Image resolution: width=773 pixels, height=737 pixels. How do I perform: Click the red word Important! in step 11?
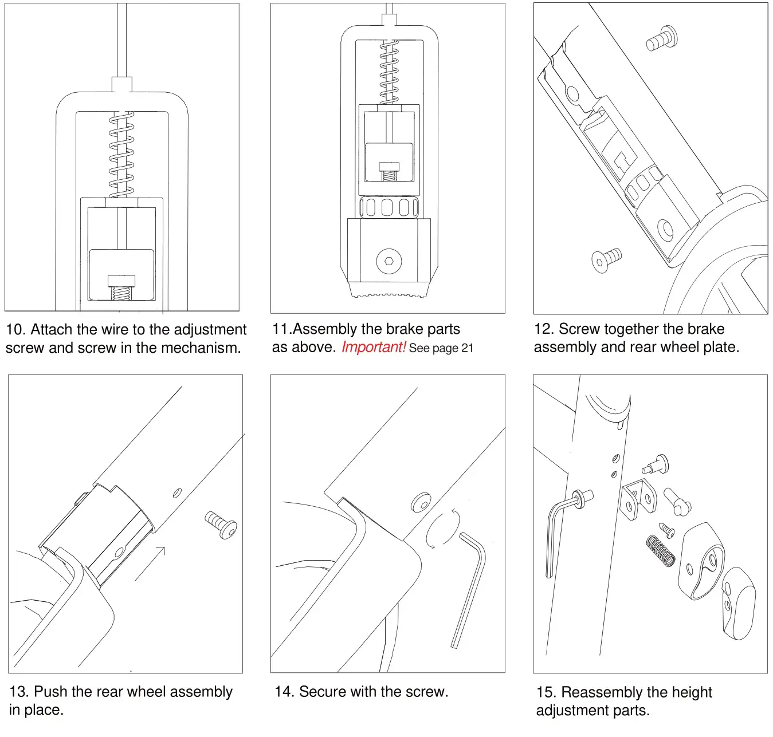374,347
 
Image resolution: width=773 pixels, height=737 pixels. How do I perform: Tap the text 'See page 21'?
441,348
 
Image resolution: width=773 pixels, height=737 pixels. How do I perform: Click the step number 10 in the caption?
15,330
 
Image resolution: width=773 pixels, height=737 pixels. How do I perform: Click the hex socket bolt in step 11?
389,261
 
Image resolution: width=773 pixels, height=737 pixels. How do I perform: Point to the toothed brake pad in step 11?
389,289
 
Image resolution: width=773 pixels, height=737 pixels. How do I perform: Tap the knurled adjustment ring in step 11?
389,207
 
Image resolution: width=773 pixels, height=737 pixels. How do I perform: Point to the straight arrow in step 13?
150,563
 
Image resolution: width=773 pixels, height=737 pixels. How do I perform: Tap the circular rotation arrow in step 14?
442,529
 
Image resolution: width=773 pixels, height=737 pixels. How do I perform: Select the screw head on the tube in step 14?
421,502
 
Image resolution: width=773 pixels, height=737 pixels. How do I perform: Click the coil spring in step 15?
660,551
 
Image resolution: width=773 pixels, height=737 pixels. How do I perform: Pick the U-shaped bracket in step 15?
638,500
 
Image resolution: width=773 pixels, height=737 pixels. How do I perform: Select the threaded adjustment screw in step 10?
121,289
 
